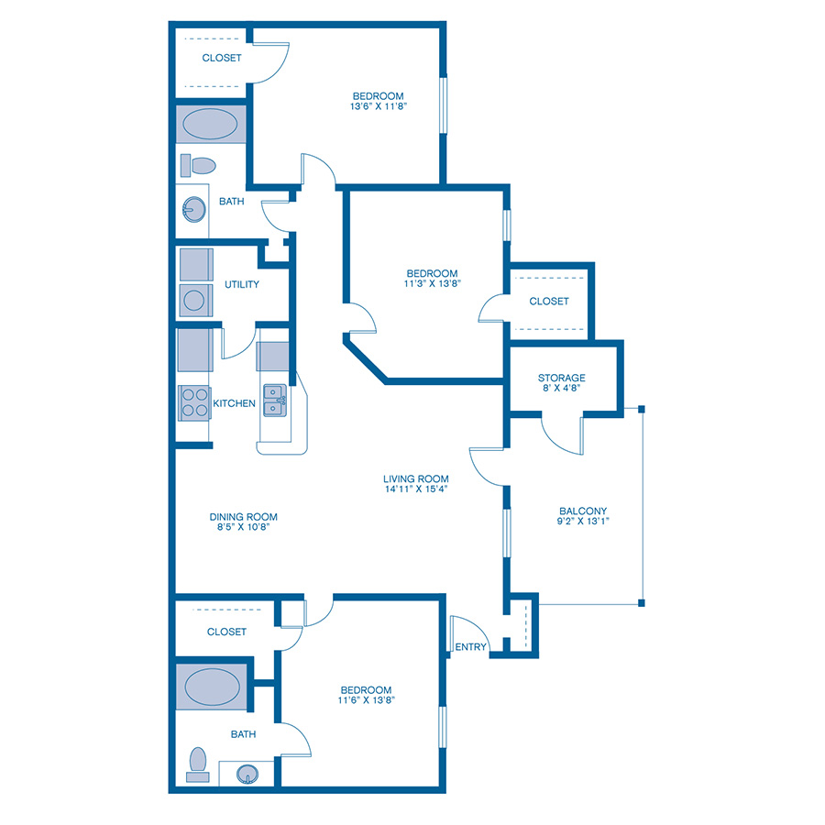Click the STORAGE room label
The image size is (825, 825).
[562, 378]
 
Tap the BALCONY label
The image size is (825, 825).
[584, 511]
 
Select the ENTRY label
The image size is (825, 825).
[471, 647]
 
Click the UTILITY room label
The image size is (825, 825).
[242, 284]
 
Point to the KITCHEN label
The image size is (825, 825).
[234, 403]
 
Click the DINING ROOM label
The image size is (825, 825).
[243, 516]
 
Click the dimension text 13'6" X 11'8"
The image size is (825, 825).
[379, 106]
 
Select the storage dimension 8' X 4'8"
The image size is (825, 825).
[562, 390]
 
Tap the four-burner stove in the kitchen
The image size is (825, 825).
[193, 401]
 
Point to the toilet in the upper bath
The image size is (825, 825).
[198, 166]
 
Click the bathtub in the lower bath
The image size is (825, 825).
[212, 685]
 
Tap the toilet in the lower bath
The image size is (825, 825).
[197, 763]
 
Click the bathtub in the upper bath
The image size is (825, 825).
[212, 124]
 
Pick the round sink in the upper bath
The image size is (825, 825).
[192, 211]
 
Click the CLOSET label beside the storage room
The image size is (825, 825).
[549, 301]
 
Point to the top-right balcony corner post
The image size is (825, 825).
[642, 409]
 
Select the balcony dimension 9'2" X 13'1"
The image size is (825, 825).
[584, 522]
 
